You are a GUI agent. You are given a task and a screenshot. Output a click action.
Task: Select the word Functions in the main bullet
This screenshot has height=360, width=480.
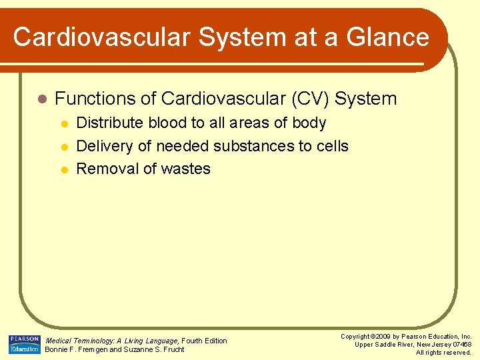(x=95, y=99)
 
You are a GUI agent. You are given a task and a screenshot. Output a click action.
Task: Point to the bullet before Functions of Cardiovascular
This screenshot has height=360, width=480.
(x=41, y=99)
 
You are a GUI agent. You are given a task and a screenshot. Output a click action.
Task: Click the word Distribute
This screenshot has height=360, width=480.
(x=110, y=123)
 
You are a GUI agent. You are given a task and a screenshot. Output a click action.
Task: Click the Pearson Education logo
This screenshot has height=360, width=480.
(x=24, y=344)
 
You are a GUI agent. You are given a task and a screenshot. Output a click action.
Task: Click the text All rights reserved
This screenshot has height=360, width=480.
(x=443, y=353)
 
